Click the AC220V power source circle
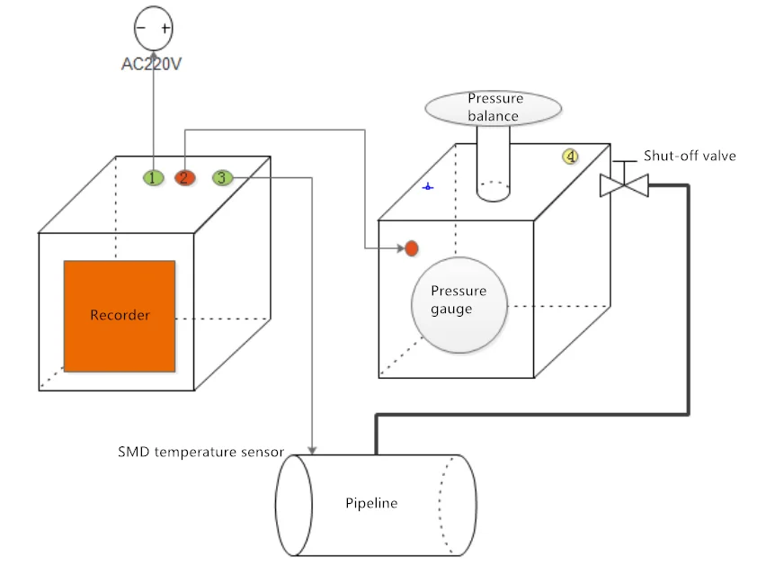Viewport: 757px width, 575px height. pos(153,29)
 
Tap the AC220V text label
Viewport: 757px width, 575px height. pos(153,64)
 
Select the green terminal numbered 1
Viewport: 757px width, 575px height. pos(154,177)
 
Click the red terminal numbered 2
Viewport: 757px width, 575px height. pos(184,177)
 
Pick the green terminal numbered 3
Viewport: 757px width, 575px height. pos(222,177)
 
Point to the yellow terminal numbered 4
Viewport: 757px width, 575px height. pos(570,157)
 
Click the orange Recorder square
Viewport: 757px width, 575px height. pos(120,316)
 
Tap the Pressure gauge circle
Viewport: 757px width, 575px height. pos(459,301)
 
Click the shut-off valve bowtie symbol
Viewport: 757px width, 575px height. pos(624,185)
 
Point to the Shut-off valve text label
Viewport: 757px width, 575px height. pos(690,156)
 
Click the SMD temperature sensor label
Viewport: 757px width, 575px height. pos(201,451)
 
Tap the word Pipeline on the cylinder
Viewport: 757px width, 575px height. pos(371,503)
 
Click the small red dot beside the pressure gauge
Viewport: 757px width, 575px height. pos(412,248)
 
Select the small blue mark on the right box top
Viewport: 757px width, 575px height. pos(429,187)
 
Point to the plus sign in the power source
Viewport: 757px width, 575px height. pos(165,28)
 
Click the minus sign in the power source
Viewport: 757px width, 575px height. pos(141,28)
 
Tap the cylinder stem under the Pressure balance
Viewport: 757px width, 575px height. pos(493,162)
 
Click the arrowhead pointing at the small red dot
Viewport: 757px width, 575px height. pos(399,248)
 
